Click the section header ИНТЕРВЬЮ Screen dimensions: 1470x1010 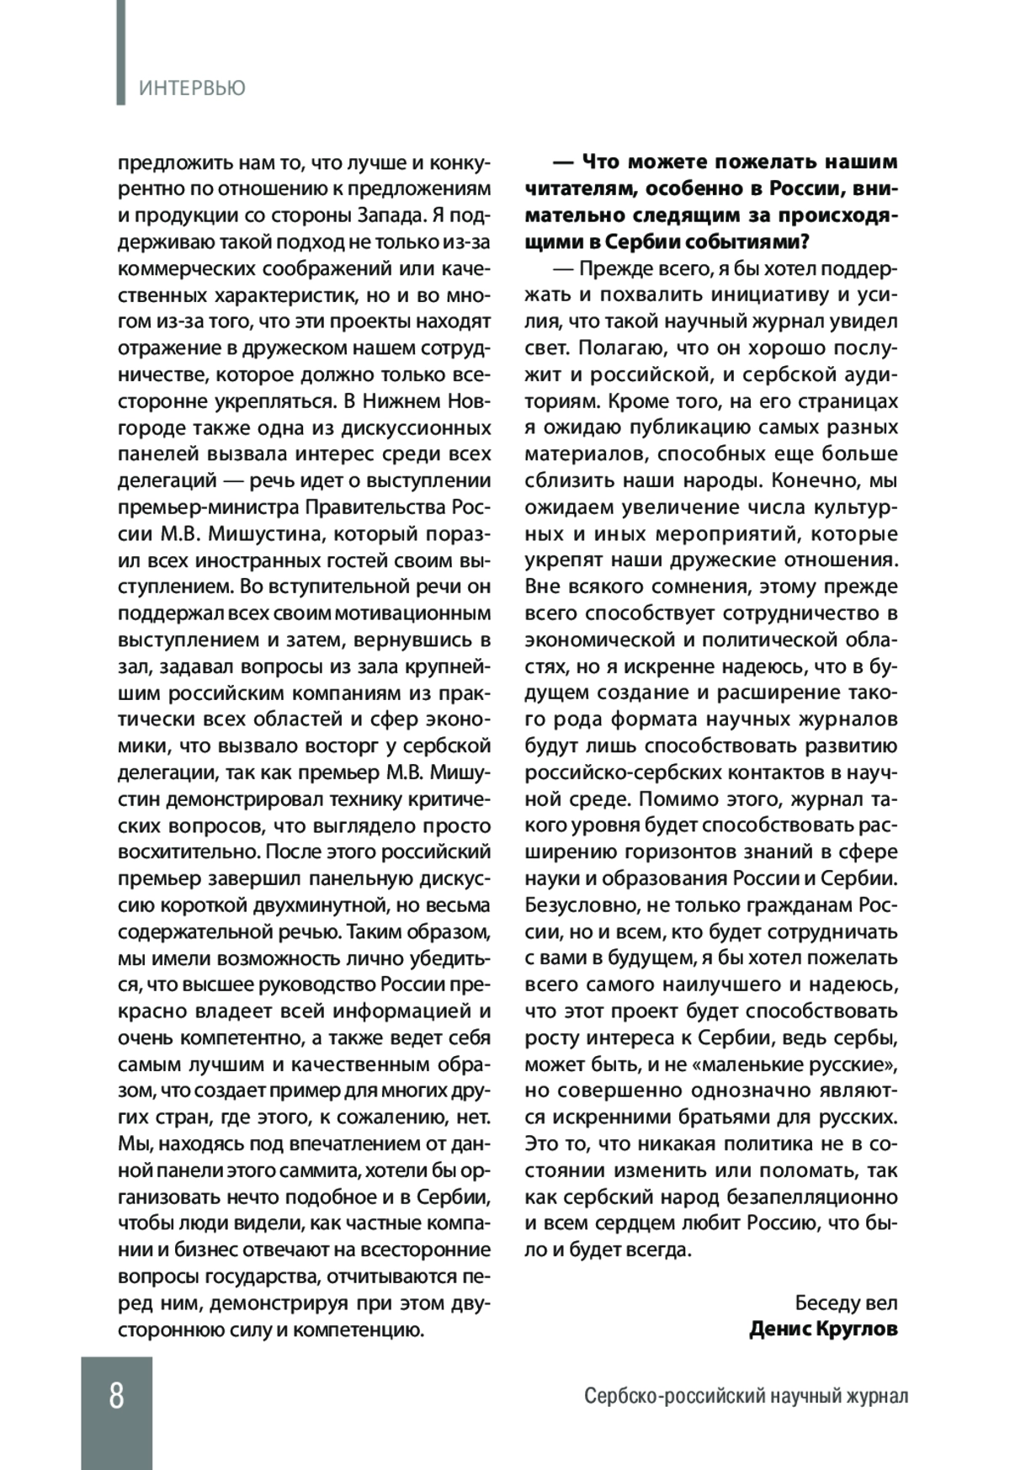coord(192,88)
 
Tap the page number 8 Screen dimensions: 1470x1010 coord(116,1396)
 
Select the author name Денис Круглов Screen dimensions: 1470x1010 coord(823,1329)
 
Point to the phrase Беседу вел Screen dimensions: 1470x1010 coord(847,1303)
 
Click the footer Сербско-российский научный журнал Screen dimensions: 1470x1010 coord(747,1397)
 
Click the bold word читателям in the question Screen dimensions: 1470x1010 coord(566,188)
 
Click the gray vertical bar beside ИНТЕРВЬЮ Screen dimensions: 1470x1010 coord(121,52)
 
